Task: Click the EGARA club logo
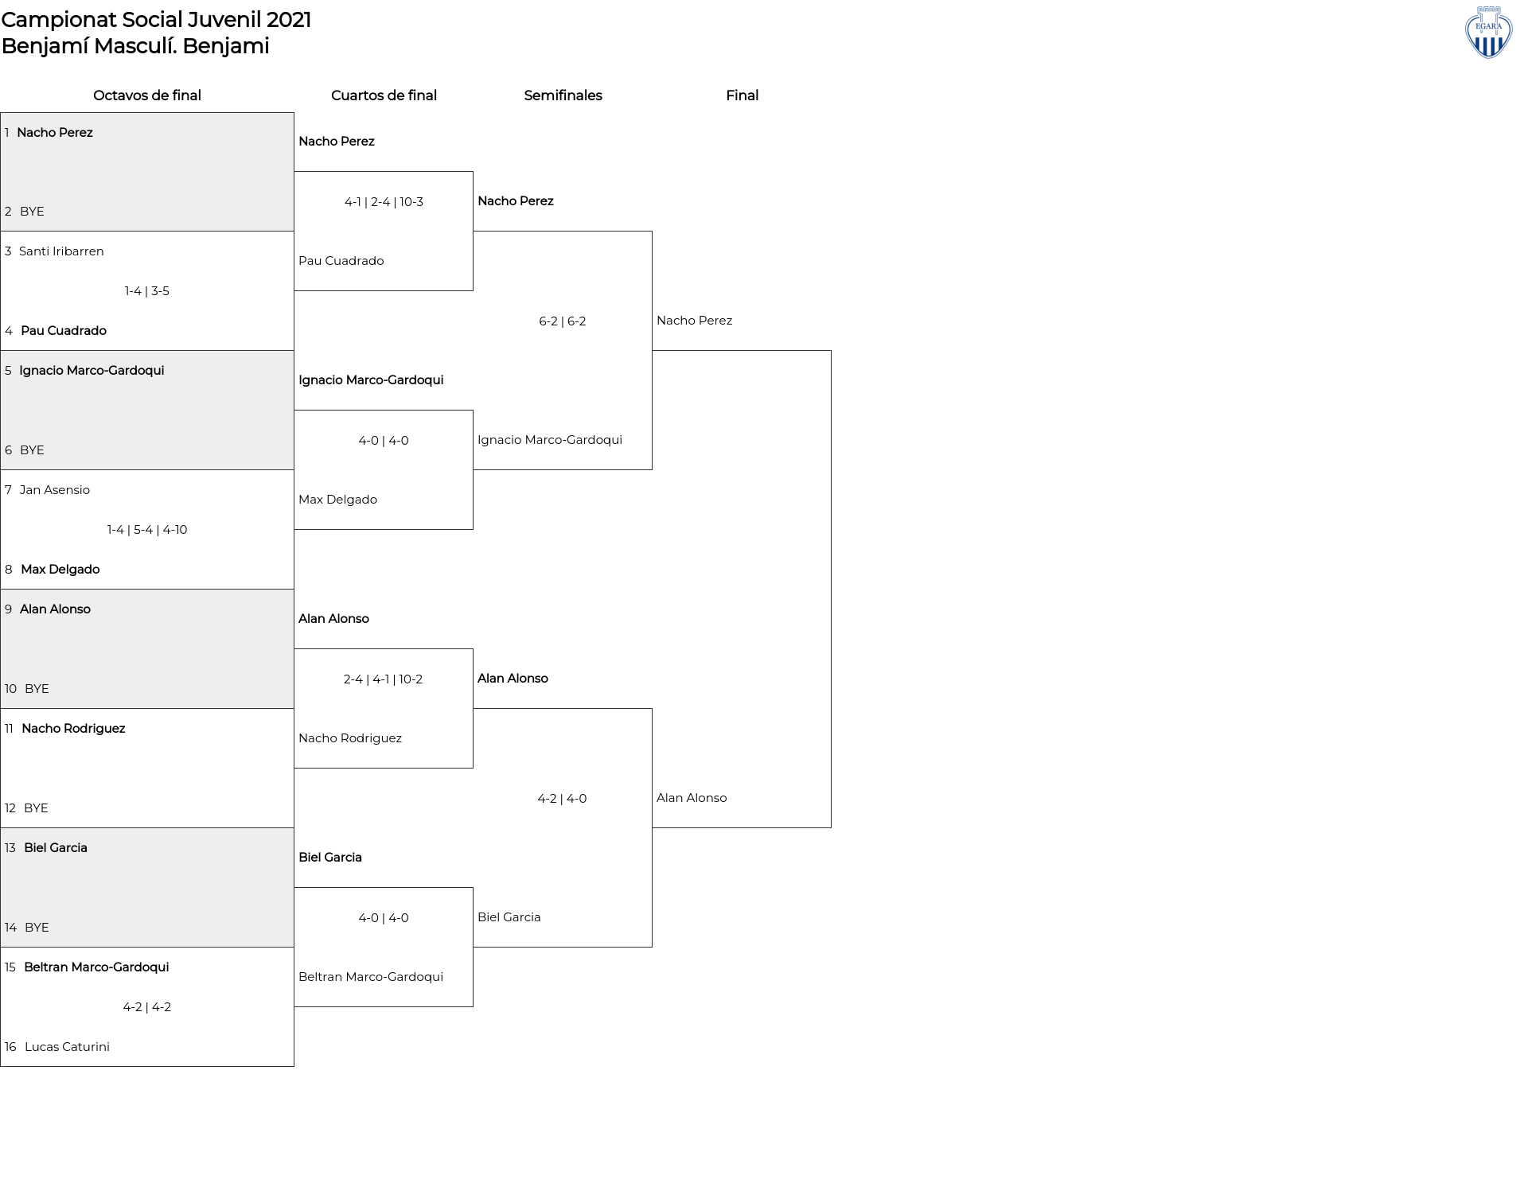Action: tap(1488, 33)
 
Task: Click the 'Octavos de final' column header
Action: tap(147, 95)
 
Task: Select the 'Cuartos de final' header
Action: tap(384, 95)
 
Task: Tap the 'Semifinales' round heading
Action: tap(563, 95)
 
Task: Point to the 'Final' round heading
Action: tap(742, 95)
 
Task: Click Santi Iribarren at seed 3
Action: tap(61, 251)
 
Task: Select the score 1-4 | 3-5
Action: tap(147, 291)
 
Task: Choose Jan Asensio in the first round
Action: tap(55, 490)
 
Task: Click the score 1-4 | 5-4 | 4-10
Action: tap(147, 530)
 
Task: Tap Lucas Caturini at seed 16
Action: tap(67, 1047)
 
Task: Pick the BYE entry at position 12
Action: tap(36, 808)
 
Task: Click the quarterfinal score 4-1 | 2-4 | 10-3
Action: tap(384, 202)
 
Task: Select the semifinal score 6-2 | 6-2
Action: tap(563, 321)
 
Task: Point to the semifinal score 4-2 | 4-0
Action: tap(563, 799)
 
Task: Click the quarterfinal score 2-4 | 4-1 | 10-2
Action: tap(384, 679)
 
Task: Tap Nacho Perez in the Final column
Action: tap(694, 321)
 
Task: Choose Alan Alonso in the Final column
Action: tap(692, 798)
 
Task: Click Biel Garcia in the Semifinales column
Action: tap(509, 917)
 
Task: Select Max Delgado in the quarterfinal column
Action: tap(337, 500)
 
